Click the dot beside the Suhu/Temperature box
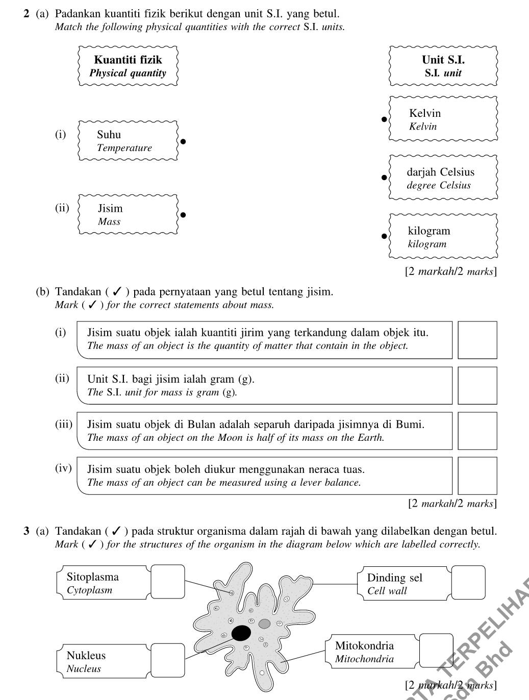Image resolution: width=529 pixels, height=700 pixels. coord(183,141)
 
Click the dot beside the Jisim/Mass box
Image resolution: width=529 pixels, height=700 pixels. coord(183,215)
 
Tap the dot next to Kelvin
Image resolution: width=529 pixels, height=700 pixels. coord(385,119)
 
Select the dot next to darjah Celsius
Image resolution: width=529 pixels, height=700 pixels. coord(385,178)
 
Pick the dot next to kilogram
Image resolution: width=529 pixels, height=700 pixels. coord(385,236)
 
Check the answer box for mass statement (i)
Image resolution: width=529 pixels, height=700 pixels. coord(477,340)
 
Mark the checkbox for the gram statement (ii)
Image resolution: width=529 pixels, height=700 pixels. coord(477,386)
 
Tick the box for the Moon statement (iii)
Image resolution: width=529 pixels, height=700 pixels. coord(477,431)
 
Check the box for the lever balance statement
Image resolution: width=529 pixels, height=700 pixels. coord(477,476)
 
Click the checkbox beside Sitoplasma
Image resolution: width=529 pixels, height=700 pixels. coord(167,582)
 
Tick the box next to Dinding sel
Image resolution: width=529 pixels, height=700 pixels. coord(468,582)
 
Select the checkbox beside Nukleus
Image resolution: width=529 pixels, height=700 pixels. coord(167,661)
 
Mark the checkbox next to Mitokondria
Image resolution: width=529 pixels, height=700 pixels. coord(436,651)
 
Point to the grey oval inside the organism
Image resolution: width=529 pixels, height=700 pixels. coord(264,623)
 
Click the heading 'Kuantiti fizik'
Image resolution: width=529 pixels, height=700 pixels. coord(128,60)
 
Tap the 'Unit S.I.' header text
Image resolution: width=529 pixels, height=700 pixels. coord(443,60)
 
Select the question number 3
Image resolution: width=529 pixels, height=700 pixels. coord(26,531)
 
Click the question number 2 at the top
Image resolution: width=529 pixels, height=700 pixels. coord(26,14)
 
